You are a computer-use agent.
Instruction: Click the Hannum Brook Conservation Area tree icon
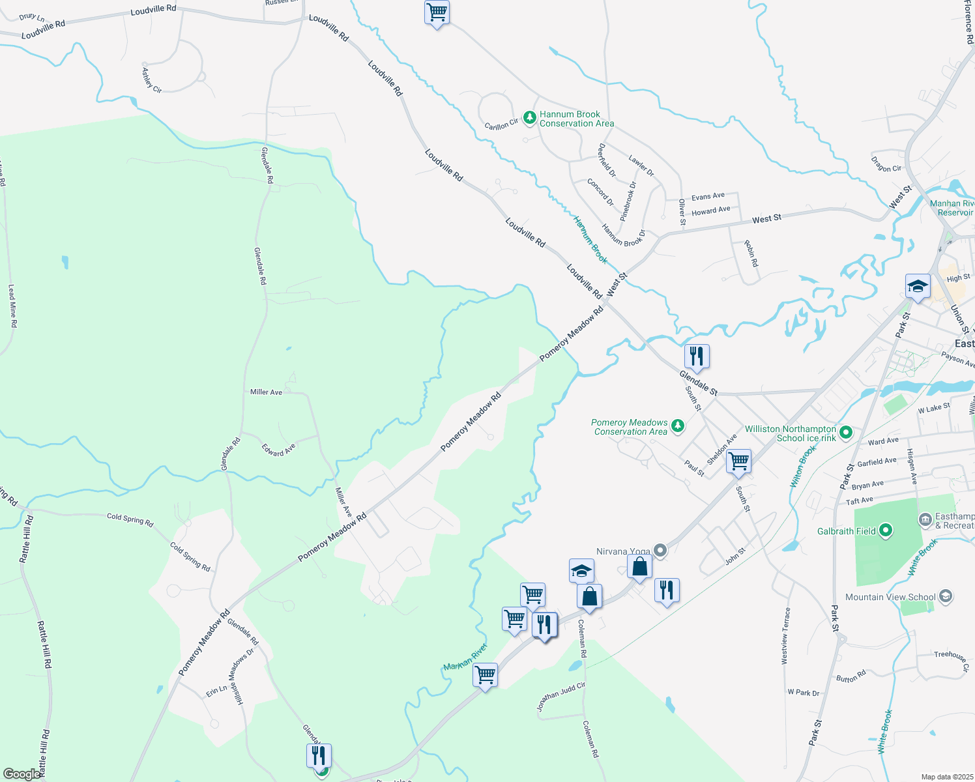530,118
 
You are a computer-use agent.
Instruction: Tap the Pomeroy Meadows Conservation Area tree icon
678,426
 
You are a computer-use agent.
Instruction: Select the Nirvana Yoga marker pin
660,551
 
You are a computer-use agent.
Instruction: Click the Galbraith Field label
847,531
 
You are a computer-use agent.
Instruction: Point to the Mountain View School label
890,597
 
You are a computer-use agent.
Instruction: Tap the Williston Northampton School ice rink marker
846,431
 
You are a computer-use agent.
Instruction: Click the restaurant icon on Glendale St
697,357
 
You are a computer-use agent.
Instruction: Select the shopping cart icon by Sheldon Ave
738,461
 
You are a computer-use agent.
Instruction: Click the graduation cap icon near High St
917,286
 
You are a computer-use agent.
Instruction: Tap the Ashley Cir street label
152,80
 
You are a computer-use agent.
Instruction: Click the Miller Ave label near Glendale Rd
266,392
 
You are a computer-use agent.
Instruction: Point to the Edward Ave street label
278,450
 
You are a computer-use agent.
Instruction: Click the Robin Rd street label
751,253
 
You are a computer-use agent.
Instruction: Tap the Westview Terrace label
786,635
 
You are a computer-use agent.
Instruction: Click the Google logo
22,774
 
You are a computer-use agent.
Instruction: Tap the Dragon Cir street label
886,164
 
